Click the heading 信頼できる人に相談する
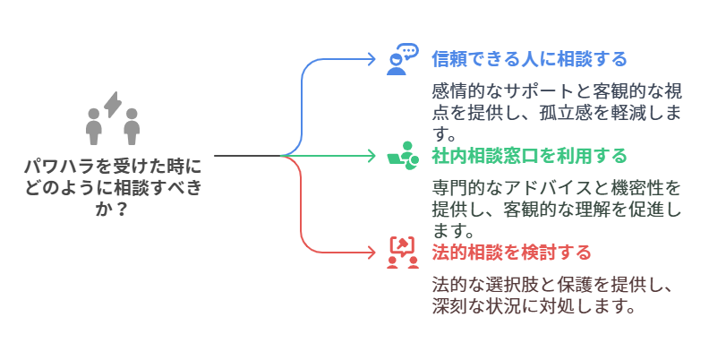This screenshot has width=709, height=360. (529, 59)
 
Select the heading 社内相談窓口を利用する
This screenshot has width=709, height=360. (529, 156)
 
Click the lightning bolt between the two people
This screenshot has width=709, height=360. (113, 105)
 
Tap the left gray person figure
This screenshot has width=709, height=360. (93, 125)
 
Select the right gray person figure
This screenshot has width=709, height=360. (132, 125)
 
